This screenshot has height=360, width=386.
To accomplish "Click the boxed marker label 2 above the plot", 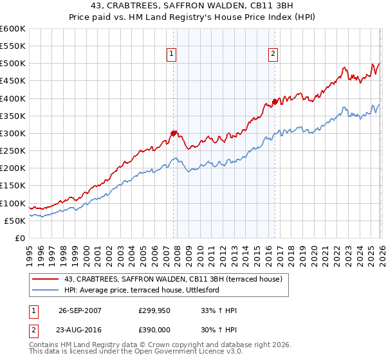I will point(273,55).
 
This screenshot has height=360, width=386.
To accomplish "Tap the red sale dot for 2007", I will point(173,133).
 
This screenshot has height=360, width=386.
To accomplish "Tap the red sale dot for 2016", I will point(275,102).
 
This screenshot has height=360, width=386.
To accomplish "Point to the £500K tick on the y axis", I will point(13,64).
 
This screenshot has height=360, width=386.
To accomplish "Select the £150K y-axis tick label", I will point(13,186).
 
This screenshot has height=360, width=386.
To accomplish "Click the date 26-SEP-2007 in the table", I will point(79,310).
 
